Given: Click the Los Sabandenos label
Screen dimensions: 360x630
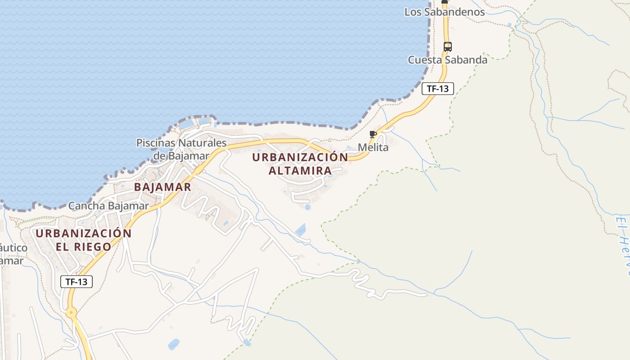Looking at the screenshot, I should pos(445,12).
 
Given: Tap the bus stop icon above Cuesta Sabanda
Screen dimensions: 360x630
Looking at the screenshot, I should pos(447,46).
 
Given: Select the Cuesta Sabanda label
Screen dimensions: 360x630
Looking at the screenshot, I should pos(447,60).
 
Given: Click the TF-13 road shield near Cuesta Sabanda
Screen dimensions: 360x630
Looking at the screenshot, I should pos(437,89).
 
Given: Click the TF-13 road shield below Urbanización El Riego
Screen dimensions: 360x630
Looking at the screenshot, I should pos(76,282).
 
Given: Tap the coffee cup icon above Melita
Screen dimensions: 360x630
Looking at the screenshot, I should pos(373,134).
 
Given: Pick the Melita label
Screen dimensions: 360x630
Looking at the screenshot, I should pos(373,147).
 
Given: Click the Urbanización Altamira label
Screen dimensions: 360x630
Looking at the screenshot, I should pos(300,164).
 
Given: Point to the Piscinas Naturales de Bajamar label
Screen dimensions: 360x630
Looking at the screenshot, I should pos(181,149).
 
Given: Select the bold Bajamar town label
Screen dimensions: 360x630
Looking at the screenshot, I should pos(162,187).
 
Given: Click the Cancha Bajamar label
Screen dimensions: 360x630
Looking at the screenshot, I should pos(108,206).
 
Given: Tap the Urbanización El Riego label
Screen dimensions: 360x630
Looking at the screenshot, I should pos(84,240).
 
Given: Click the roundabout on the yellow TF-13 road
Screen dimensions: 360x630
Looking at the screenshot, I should pos(71,312).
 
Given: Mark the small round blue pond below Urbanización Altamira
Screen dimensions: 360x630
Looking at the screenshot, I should pos(307,207).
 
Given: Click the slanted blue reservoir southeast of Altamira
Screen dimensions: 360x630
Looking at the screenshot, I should pos(301,230).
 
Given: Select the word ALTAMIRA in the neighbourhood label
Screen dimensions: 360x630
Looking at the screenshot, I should pos(300,171).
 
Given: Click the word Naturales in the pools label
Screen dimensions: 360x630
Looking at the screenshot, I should pos(202,143).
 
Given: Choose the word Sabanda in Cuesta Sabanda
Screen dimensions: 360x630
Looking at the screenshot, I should pos(466,60).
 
